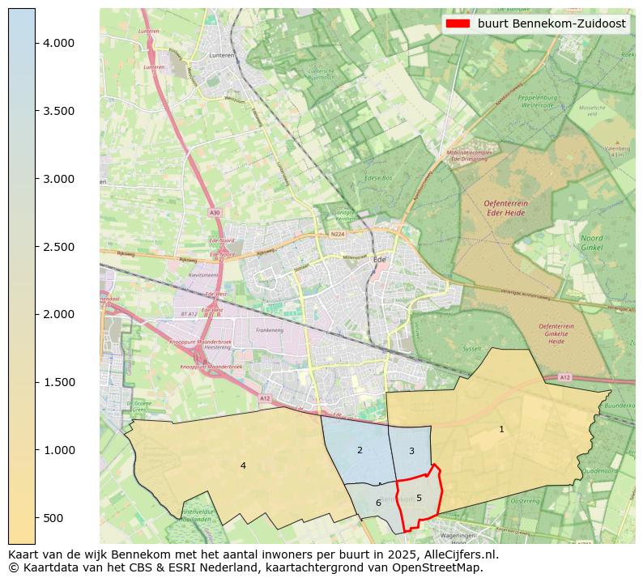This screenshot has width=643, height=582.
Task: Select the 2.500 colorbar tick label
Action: pos(58,247)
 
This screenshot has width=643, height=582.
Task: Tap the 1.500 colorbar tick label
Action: pos(58,382)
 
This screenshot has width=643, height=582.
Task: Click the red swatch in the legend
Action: pos(458,24)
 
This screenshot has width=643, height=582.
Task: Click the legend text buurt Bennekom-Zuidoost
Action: pos(551,24)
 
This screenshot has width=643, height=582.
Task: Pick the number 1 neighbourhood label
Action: pos(501,429)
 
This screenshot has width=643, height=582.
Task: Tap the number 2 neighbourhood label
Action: pos(360,450)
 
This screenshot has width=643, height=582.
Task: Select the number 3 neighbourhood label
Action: pos(411,451)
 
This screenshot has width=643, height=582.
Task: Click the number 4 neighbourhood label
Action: pos(243,465)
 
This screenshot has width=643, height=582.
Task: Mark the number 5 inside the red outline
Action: pos(419,498)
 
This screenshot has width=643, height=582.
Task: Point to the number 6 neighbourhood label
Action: pos(378,503)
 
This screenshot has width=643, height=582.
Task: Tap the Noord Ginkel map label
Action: pos(591,242)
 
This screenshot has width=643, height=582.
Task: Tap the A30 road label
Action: pos(214,212)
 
